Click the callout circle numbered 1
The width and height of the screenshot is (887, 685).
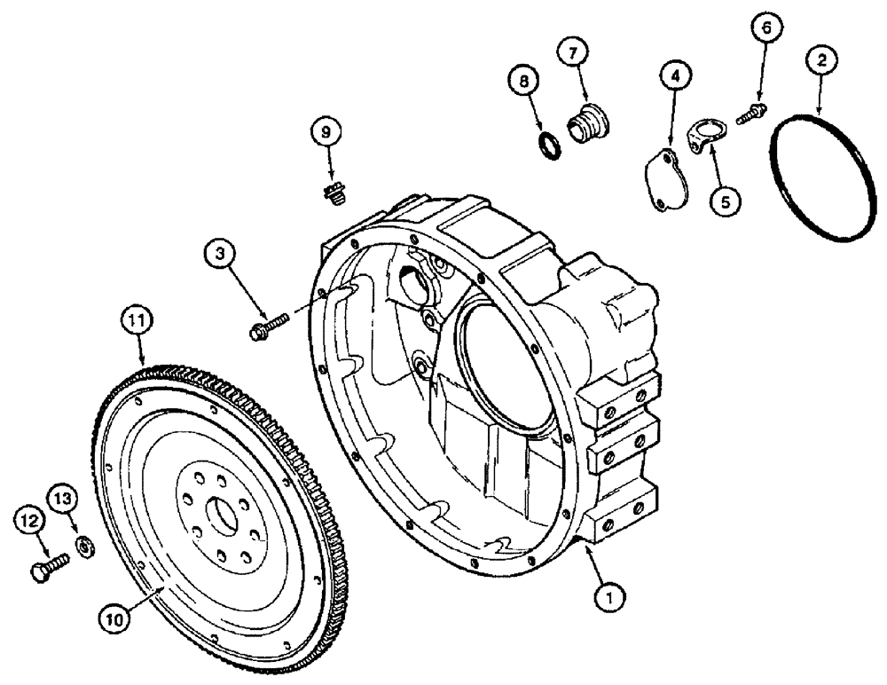pyautogui.click(x=608, y=599)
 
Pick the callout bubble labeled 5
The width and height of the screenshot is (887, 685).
pyautogui.click(x=725, y=202)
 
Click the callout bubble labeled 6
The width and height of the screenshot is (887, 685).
pyautogui.click(x=767, y=28)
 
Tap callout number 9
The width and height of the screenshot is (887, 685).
pyautogui.click(x=326, y=132)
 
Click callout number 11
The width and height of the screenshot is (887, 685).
pyautogui.click(x=138, y=317)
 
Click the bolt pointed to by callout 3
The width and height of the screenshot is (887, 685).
pyautogui.click(x=266, y=327)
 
